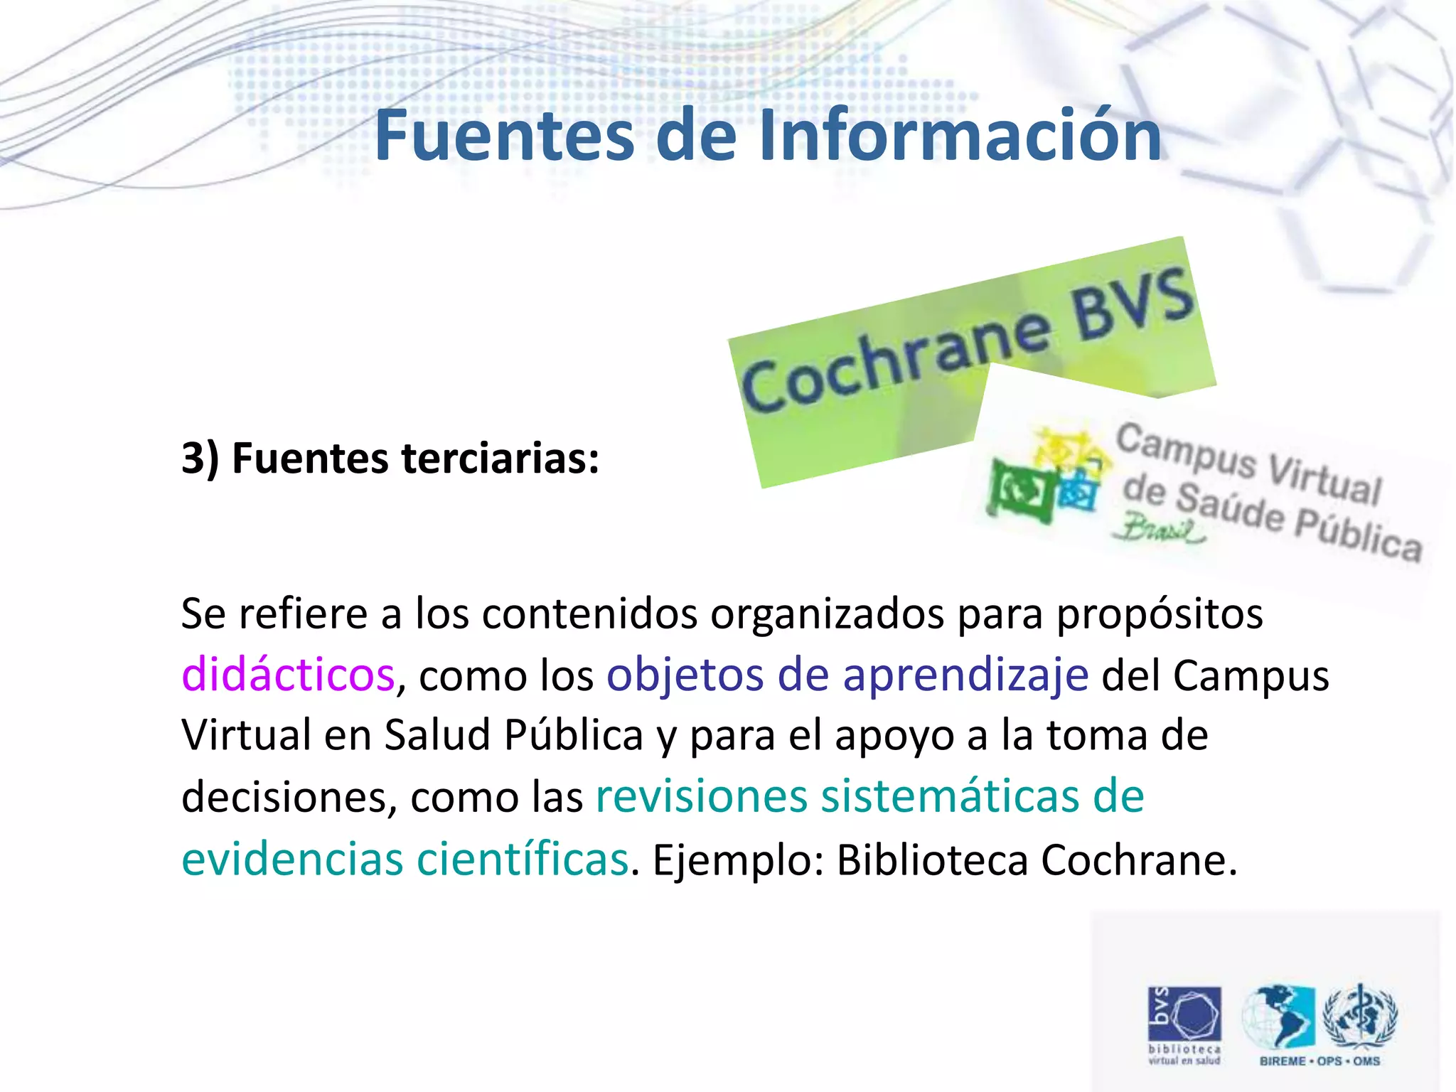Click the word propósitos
point(1160,614)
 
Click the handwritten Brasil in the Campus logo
point(1159,530)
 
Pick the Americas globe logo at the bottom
point(1279,1017)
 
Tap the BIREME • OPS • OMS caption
point(1319,1061)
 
